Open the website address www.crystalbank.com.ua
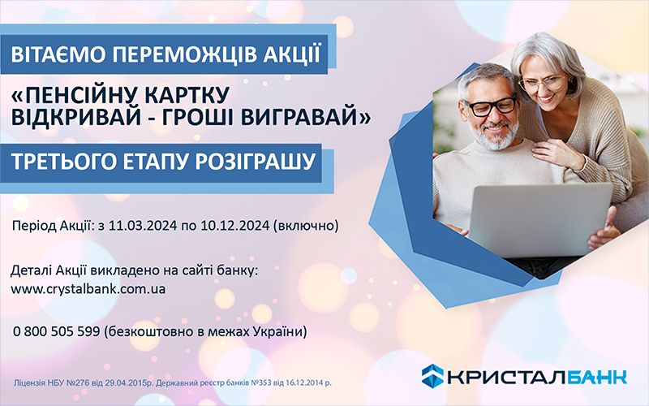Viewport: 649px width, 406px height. click(89, 288)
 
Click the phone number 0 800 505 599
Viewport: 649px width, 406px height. click(56, 332)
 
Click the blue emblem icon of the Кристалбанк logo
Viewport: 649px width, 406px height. click(432, 375)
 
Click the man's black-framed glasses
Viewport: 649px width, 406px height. click(487, 106)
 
